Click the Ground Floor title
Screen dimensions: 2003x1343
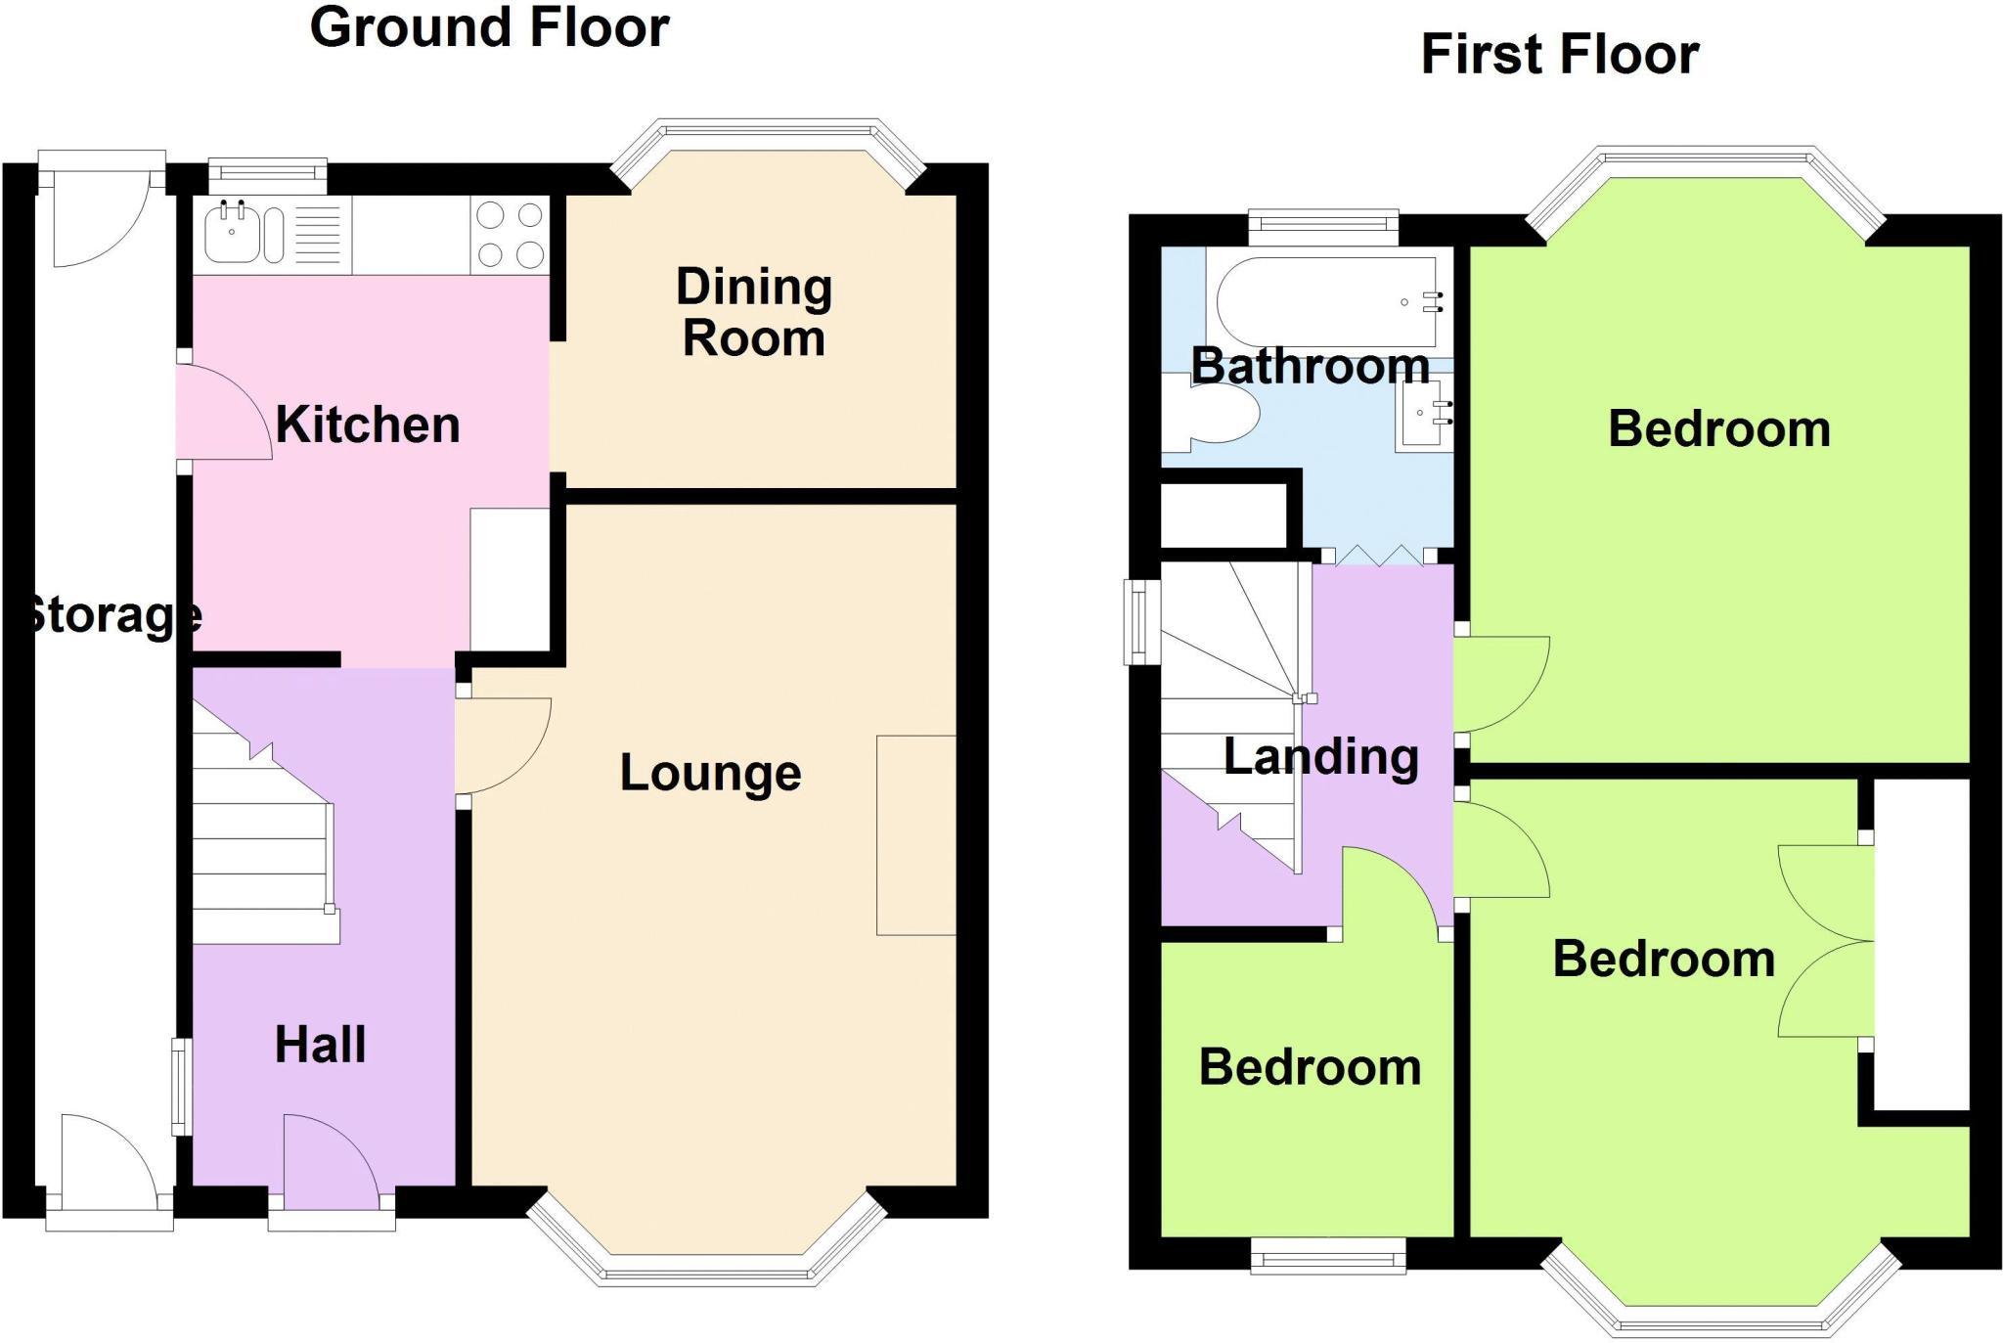point(489,27)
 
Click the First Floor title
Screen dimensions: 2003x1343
point(1560,55)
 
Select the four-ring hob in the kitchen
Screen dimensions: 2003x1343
point(510,235)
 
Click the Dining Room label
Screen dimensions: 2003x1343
point(754,312)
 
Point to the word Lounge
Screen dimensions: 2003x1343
point(711,773)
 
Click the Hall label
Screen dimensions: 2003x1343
point(321,1045)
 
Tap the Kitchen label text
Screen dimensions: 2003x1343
point(368,425)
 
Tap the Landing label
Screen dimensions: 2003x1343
point(1321,757)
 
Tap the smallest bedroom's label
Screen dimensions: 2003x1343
point(1311,1067)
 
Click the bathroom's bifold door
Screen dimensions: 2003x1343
point(1378,556)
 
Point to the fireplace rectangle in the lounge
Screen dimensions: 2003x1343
point(915,835)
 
